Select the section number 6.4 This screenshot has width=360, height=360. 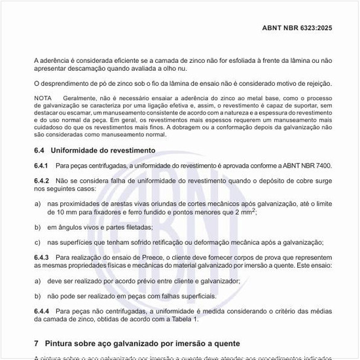(39, 150)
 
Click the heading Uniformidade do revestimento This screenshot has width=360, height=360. (103, 150)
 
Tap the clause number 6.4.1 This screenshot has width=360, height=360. (42, 165)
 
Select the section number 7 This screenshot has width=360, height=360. (36, 343)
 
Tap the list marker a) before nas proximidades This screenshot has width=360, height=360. (37, 204)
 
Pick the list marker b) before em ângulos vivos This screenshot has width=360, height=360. (37, 227)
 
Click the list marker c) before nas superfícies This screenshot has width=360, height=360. (37, 242)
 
